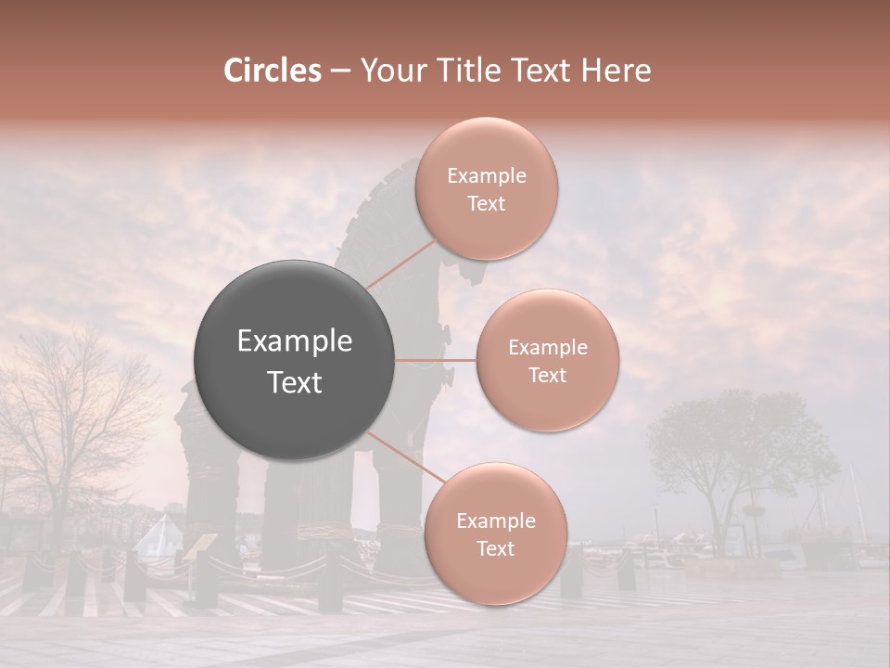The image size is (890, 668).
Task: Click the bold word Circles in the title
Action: (x=272, y=71)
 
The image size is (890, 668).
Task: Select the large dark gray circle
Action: (x=295, y=360)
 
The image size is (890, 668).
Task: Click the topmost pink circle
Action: (x=487, y=188)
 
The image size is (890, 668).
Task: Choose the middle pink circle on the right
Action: (x=547, y=360)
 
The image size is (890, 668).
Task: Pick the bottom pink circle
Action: (x=495, y=533)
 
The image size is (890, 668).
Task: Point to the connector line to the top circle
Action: (x=400, y=265)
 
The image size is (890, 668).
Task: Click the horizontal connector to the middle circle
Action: (x=436, y=360)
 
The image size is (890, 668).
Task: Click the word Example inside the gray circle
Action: (x=295, y=341)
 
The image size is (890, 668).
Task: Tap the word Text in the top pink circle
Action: (x=487, y=203)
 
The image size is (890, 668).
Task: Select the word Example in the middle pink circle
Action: (x=547, y=347)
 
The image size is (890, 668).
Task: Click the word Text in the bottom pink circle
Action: (x=495, y=548)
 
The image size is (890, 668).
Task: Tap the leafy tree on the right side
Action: (x=732, y=445)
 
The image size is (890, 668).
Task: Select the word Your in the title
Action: (x=388, y=71)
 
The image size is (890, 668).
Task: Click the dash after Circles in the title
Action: (x=339, y=71)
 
